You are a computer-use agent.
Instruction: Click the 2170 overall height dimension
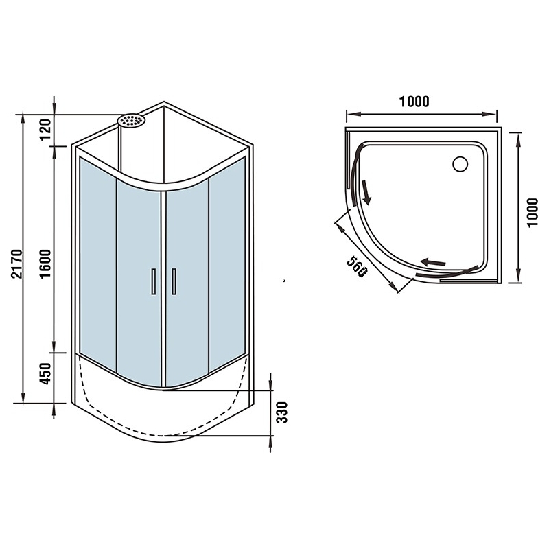16,264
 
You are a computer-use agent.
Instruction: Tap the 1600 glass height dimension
45,264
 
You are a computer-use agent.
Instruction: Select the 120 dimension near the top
45,130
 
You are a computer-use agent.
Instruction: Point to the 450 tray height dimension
45,373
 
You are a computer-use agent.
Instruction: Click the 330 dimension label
282,412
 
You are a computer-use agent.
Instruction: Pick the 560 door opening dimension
358,266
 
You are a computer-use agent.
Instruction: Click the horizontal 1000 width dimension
414,102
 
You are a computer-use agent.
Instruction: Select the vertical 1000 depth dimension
533,213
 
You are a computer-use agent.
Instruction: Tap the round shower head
131,121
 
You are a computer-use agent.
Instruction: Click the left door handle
153,281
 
